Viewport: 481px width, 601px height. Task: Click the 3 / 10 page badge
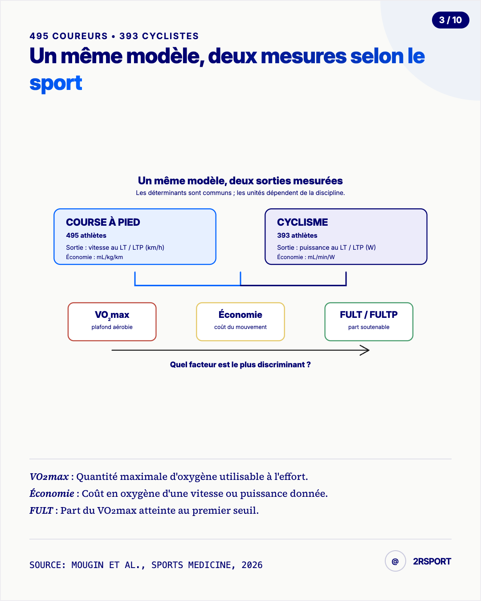tap(451, 20)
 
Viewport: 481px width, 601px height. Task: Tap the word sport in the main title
tap(56, 84)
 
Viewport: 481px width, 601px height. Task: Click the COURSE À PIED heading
tap(103, 222)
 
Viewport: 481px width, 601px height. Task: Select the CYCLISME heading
tap(302, 222)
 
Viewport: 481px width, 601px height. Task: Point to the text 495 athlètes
tap(86, 236)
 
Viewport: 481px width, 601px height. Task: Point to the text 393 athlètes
tap(297, 236)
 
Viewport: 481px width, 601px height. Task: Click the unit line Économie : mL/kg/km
tap(94, 257)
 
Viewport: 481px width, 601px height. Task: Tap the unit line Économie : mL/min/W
tap(306, 257)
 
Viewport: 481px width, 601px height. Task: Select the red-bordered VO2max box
tap(112, 322)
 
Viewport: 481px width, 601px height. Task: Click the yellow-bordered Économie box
tap(240, 322)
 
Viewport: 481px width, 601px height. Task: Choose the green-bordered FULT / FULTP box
tap(369, 322)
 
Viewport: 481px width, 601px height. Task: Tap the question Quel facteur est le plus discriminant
tap(240, 365)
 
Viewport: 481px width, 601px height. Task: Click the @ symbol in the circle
tap(395, 561)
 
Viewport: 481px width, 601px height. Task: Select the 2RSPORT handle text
tap(432, 561)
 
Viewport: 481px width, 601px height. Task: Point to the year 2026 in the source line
tap(252, 565)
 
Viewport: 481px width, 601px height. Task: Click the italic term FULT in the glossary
tap(41, 510)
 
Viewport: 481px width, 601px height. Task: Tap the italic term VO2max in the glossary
tap(49, 476)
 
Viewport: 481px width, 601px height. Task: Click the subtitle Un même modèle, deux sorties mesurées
tap(240, 181)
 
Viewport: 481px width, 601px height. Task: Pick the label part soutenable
tap(369, 327)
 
